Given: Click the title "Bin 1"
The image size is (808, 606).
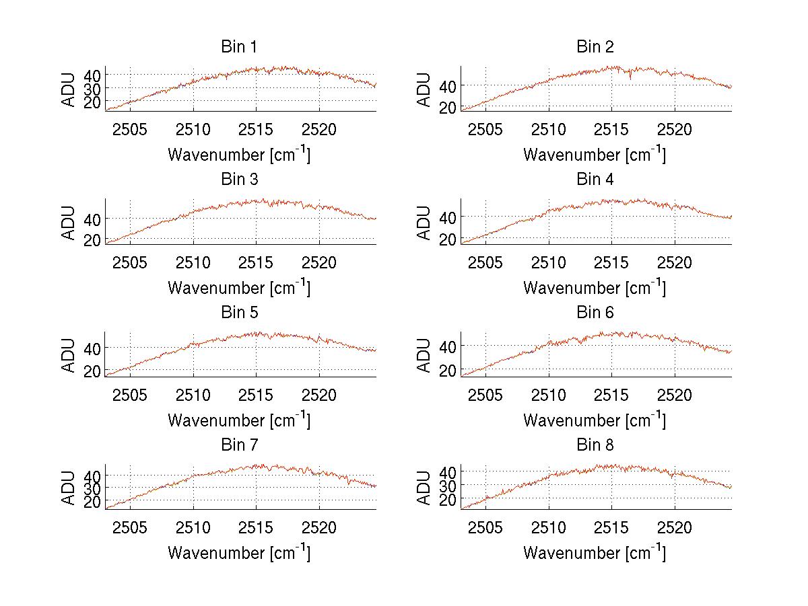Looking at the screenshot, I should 239,47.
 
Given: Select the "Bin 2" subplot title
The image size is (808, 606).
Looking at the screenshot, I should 595,47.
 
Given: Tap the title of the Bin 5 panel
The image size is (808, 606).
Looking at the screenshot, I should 239,313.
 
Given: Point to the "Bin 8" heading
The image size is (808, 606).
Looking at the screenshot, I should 595,445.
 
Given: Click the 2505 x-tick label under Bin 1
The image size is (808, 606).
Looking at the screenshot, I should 130,129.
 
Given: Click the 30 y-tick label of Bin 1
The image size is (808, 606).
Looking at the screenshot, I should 92,88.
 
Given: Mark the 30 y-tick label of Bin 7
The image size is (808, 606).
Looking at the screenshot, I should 92,487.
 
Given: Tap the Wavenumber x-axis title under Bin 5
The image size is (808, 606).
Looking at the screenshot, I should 239,420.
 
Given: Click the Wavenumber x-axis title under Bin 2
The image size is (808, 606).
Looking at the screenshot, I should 595,155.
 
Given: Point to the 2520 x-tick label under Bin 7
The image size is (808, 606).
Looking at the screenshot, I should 319,527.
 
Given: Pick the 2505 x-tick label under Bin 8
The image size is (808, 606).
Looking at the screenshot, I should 485,527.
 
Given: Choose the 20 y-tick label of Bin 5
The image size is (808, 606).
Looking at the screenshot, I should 92,371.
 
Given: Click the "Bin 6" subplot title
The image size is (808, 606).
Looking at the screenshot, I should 595,313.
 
